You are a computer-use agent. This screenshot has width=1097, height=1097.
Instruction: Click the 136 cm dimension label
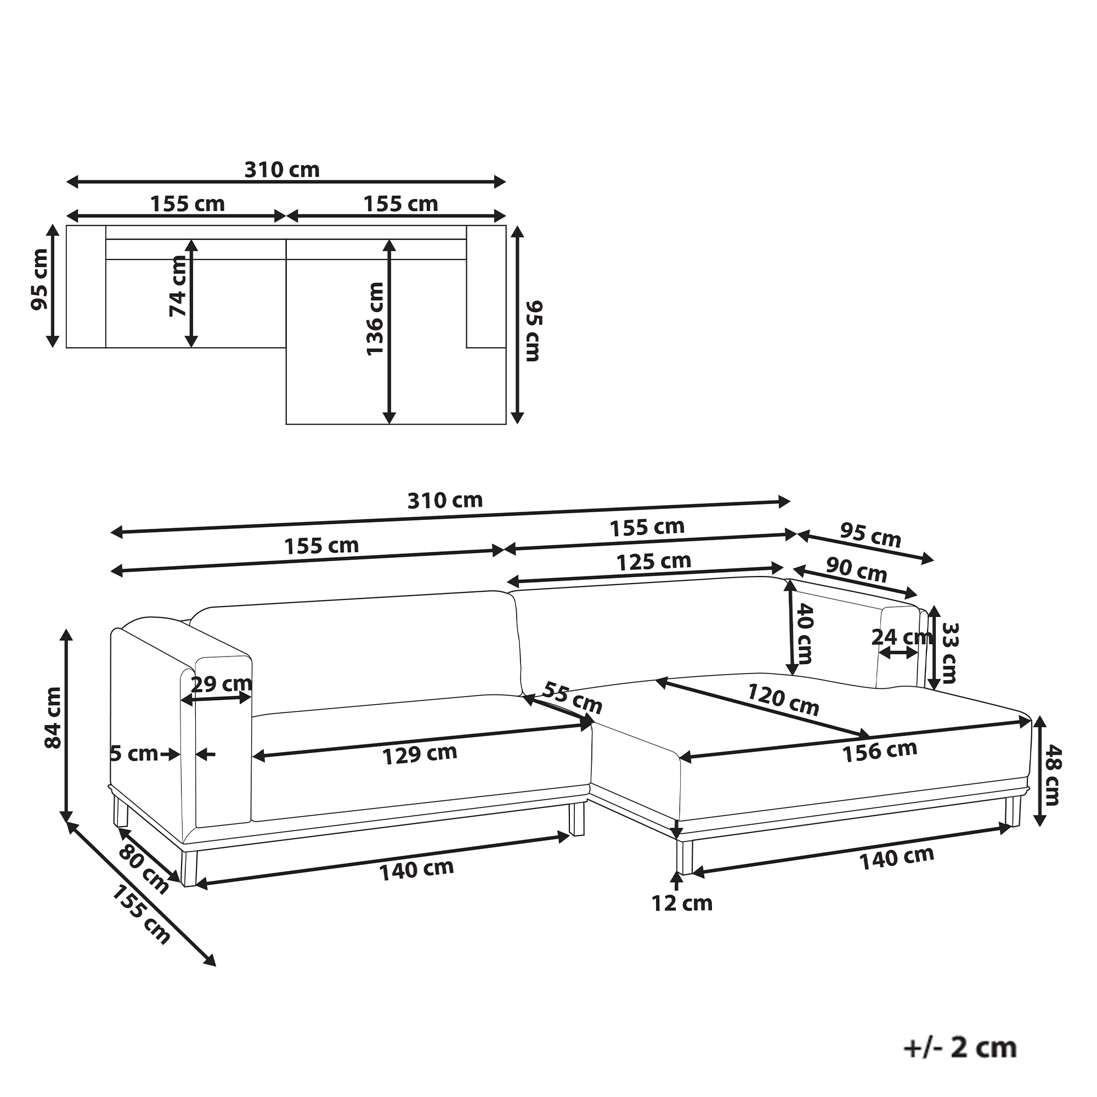pyautogui.click(x=375, y=319)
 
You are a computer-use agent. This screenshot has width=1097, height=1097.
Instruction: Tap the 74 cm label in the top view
pyautogui.click(x=178, y=286)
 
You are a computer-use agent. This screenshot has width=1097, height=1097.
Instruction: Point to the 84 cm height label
pyautogui.click(x=53, y=717)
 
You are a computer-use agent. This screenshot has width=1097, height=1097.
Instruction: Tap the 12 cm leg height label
pyautogui.click(x=682, y=903)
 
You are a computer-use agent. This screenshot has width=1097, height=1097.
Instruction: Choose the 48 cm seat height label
pyautogui.click(x=1052, y=776)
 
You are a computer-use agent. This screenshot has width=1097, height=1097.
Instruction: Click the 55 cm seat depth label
pyautogui.click(x=572, y=698)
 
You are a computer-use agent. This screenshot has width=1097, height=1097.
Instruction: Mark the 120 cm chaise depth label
pyautogui.click(x=783, y=699)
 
